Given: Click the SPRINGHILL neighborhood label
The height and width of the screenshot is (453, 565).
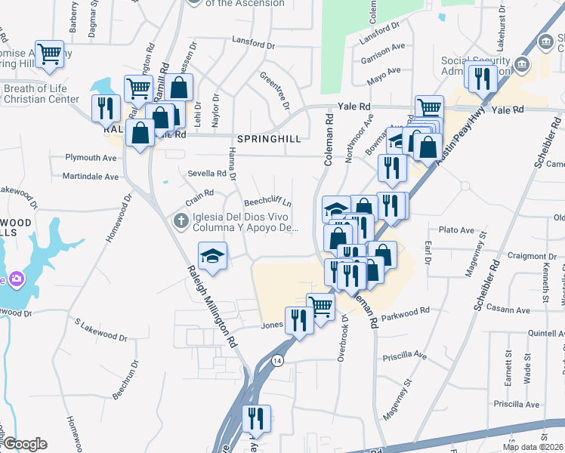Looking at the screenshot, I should click(x=270, y=140).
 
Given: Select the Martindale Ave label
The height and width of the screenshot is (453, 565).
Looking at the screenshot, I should click(x=91, y=177).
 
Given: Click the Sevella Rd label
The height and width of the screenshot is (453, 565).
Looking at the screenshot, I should click(x=207, y=173).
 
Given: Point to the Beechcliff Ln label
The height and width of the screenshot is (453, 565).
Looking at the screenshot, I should click(x=267, y=203).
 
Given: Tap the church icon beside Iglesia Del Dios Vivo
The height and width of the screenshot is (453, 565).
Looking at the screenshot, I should click(x=181, y=221).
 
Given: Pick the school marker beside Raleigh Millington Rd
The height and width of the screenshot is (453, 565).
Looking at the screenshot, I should click(x=213, y=254).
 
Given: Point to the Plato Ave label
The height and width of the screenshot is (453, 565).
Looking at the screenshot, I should click(x=455, y=230).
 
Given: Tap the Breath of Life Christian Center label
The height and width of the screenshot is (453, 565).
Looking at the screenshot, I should click(x=42, y=94).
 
